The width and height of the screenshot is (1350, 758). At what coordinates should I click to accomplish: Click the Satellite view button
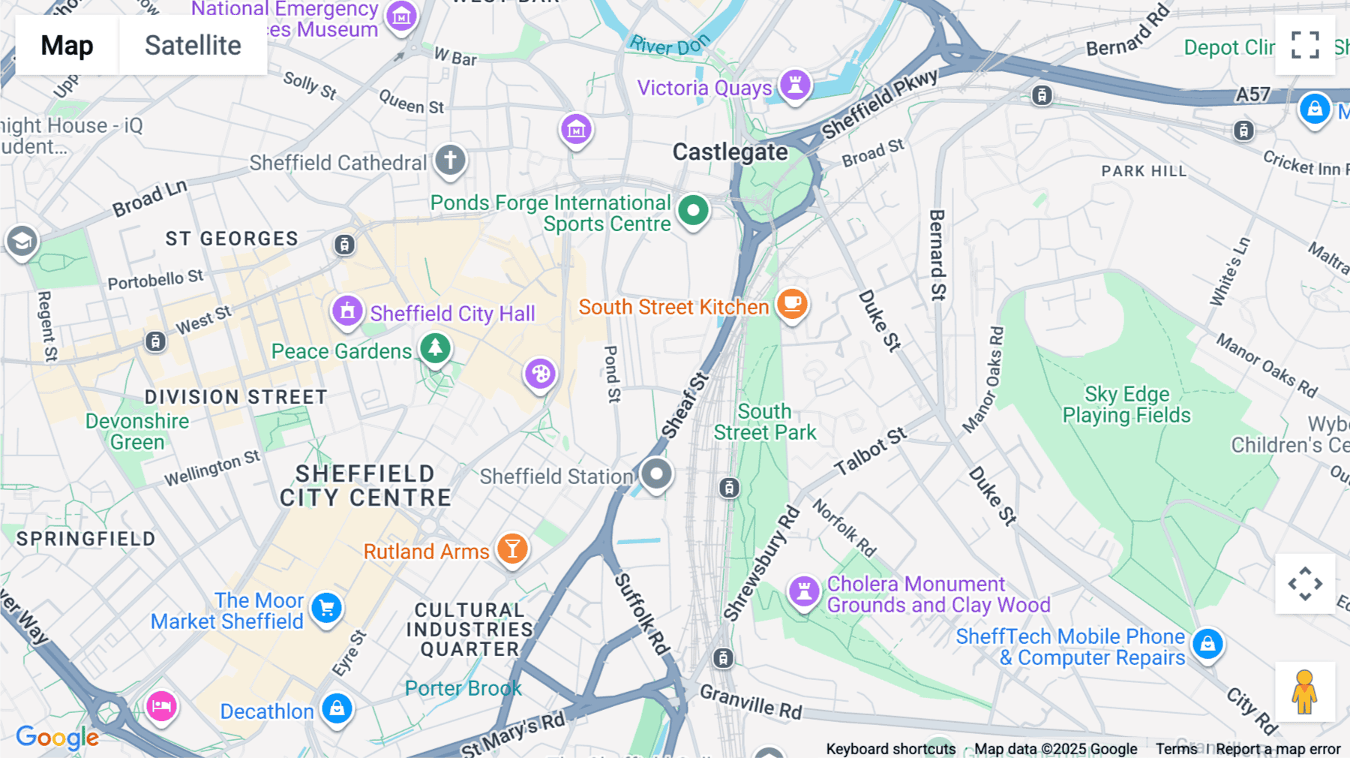(x=193, y=45)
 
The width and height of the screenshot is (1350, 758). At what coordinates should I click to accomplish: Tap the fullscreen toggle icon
(x=1305, y=45)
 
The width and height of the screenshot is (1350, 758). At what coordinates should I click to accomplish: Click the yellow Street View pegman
(x=1304, y=692)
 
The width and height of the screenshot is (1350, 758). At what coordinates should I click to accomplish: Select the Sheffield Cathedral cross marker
(x=450, y=160)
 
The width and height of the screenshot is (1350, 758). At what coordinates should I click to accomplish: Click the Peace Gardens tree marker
(x=435, y=347)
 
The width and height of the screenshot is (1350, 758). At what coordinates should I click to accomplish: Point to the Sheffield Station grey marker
(x=656, y=474)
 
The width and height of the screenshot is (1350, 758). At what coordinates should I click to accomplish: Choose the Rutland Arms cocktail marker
(x=512, y=549)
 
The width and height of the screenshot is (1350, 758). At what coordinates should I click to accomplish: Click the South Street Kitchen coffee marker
(x=792, y=304)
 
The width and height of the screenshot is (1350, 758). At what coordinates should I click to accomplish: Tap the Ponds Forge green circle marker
(x=693, y=211)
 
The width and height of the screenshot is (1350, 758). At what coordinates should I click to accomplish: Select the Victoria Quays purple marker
(x=795, y=84)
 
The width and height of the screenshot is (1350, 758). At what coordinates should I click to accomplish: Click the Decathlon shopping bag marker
(x=337, y=708)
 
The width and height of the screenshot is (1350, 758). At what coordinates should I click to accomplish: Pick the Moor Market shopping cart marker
(x=326, y=608)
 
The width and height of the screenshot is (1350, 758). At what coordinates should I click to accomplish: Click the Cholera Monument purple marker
(x=804, y=591)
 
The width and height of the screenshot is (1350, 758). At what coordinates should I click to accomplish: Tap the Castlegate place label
(x=730, y=152)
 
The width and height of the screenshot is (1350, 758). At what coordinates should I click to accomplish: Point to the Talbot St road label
(x=871, y=451)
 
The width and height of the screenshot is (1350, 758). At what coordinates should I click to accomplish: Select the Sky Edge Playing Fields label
(x=1126, y=405)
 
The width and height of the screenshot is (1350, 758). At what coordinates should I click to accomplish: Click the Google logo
(x=57, y=737)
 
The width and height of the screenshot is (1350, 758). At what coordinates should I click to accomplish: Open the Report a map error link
(x=1277, y=749)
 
